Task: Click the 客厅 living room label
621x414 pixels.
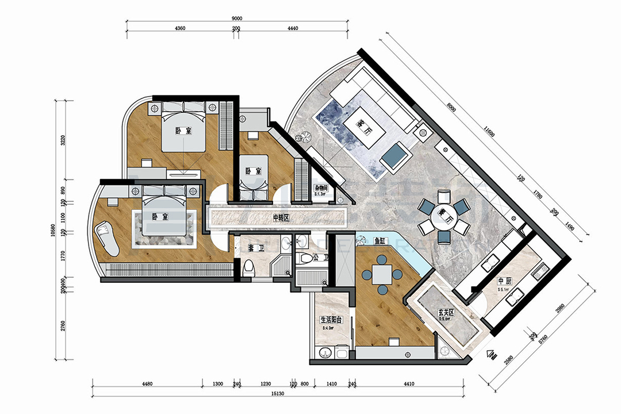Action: click(x=363, y=126)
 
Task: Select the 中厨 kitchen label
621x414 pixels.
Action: click(x=504, y=282)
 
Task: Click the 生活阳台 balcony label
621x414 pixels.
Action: click(x=332, y=320)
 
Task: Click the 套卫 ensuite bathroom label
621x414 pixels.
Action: click(x=253, y=248)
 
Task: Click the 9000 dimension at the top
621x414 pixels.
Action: click(x=237, y=18)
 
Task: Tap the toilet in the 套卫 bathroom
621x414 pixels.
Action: click(x=249, y=267)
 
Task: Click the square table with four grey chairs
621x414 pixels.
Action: click(x=381, y=274)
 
